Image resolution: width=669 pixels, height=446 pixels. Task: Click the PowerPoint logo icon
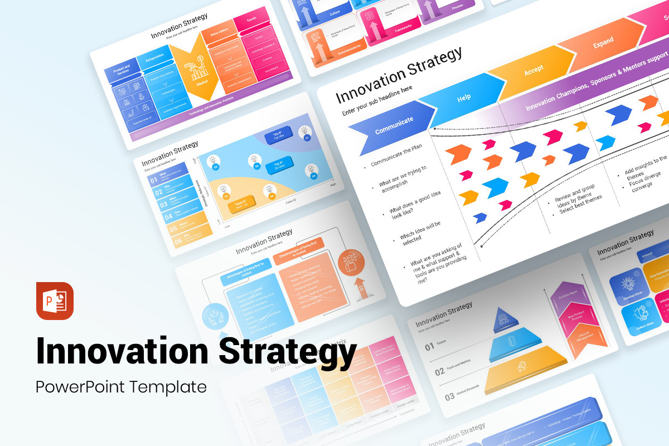[55, 301]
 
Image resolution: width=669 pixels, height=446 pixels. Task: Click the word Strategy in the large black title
[287, 350]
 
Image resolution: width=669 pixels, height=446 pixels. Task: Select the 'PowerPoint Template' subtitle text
[121, 386]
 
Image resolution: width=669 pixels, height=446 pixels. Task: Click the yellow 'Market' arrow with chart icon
[198, 70]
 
